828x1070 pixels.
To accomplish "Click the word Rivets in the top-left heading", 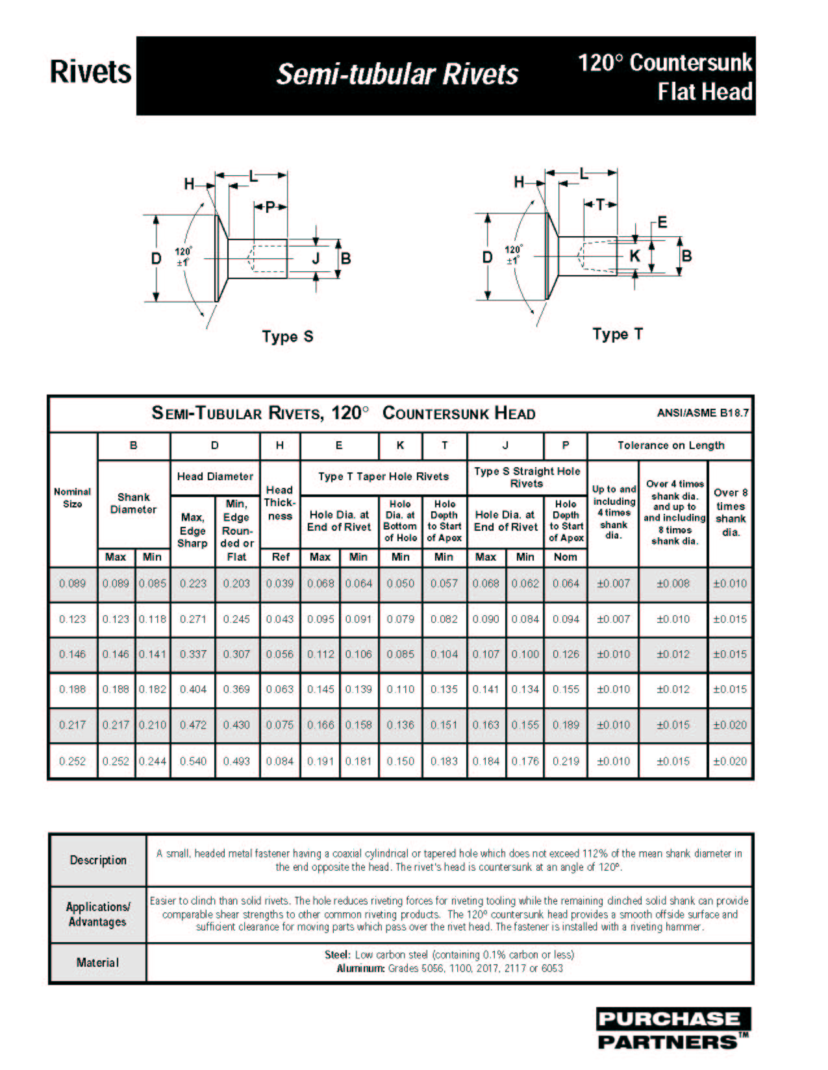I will pyautogui.click(x=90, y=72).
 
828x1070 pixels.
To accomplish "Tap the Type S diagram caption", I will pyautogui.click(x=288, y=337).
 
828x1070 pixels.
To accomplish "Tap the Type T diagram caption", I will pyautogui.click(x=618, y=334).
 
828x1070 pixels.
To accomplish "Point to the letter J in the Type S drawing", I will pyautogui.click(x=316, y=258).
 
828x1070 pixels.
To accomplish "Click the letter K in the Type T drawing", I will pyautogui.click(x=634, y=256).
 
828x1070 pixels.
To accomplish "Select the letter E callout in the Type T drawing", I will pyautogui.click(x=662, y=223).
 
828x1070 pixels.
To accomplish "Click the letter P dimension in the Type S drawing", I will pyautogui.click(x=270, y=207).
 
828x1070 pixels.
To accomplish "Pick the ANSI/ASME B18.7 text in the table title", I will pyautogui.click(x=703, y=413).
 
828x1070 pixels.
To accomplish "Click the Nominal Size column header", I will pyautogui.click(x=72, y=498).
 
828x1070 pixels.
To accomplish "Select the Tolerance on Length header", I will pyautogui.click(x=670, y=445).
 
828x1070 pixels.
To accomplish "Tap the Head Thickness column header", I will pyautogui.click(x=280, y=503).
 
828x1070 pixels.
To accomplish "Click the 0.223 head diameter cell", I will pyautogui.click(x=193, y=583).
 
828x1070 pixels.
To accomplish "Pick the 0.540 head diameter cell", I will pyautogui.click(x=193, y=761).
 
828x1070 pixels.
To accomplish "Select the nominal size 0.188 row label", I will pyautogui.click(x=72, y=689).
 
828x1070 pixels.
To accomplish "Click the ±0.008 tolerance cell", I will pyautogui.click(x=673, y=583).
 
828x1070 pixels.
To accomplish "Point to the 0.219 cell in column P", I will pyautogui.click(x=566, y=761).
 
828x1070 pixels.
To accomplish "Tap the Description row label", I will pyautogui.click(x=98, y=860).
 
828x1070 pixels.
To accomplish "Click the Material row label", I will pyautogui.click(x=97, y=962).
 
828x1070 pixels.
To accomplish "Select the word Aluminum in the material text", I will pyautogui.click(x=360, y=969).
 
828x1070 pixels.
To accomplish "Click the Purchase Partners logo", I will pyautogui.click(x=673, y=1029).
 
